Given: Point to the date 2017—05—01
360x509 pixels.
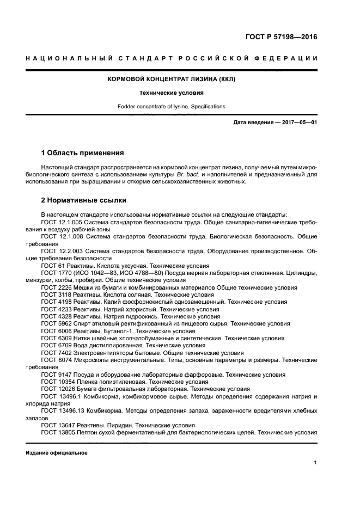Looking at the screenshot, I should tap(298, 122).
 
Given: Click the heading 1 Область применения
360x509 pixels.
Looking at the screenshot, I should tap(82, 152).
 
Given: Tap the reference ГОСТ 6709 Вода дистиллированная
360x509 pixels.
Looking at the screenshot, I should tap(56, 345).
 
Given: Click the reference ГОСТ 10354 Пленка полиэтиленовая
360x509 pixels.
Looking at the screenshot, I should tap(58, 382).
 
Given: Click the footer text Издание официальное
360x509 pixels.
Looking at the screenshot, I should tap(56, 452).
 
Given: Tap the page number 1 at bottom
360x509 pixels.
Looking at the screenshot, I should tap(315, 463).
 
